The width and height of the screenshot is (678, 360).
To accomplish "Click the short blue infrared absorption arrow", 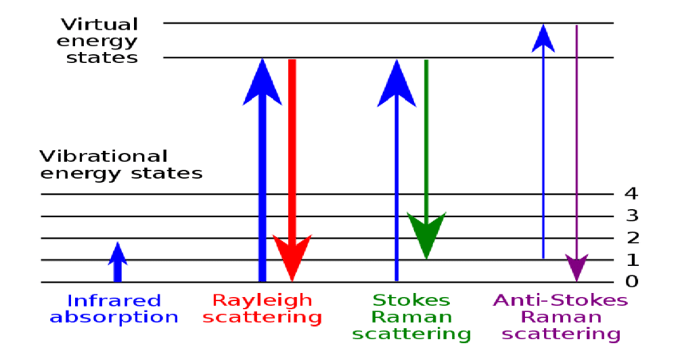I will click(x=117, y=262).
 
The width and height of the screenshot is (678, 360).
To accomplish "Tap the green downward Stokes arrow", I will click(x=426, y=160).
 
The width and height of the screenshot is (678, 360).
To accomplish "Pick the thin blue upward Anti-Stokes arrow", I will click(x=543, y=144).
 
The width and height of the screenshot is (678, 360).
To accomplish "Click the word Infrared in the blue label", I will click(x=114, y=301).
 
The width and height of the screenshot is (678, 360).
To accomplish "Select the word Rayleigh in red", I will click(x=262, y=301).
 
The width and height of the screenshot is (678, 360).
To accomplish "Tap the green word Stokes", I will click(x=412, y=301).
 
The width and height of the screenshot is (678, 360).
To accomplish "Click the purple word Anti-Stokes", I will click(x=561, y=301).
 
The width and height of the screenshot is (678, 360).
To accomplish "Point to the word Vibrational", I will click(x=104, y=156).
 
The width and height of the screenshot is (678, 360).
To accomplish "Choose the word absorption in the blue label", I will click(x=114, y=317).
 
